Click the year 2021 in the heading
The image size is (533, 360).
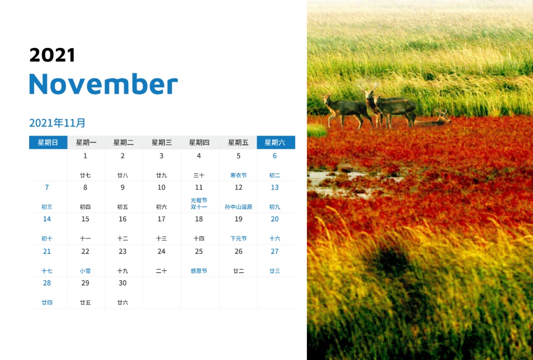[x=52, y=55]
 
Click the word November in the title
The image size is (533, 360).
[x=103, y=84]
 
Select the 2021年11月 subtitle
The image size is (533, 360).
[x=57, y=123]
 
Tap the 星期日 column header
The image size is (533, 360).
[x=48, y=143]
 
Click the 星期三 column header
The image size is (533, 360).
[x=162, y=143]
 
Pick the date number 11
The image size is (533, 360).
[x=199, y=187]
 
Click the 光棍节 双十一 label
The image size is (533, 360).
[x=199, y=204]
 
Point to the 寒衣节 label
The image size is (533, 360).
[x=238, y=175]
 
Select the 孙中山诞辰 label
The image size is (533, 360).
[x=238, y=207]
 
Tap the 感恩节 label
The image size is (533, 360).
[x=199, y=271]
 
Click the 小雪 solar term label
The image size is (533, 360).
[x=85, y=271]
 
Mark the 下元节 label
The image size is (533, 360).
[x=238, y=238]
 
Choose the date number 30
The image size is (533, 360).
[x=123, y=283]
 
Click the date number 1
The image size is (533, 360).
[x=85, y=156]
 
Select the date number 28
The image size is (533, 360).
[x=47, y=283]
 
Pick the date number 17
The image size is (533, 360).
[x=161, y=219]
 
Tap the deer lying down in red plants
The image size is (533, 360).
[x=433, y=118]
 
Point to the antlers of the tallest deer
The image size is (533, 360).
[x=368, y=87]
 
